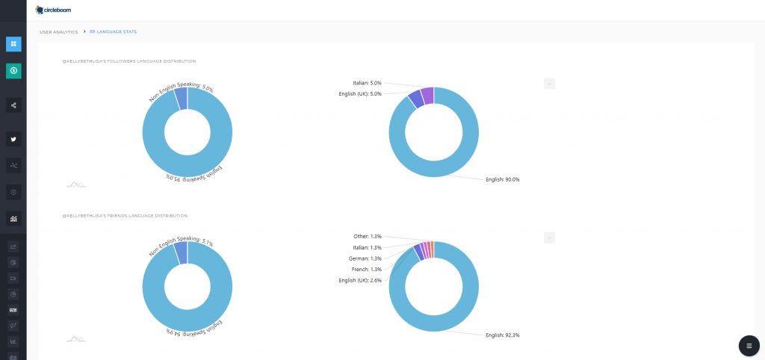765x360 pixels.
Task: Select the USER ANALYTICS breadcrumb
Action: click(58, 32)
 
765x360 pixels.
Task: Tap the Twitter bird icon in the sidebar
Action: click(13, 139)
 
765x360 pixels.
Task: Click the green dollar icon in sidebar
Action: click(13, 70)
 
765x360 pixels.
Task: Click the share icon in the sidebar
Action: click(13, 105)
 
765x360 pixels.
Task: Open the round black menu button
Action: click(749, 346)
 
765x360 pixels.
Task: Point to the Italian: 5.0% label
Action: click(367, 83)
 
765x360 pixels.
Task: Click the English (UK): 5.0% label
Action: click(360, 94)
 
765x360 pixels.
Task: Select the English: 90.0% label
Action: click(502, 179)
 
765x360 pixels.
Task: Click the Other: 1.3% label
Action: click(368, 236)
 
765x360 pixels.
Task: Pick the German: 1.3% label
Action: click(366, 258)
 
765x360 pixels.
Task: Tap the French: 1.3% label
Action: click(366, 269)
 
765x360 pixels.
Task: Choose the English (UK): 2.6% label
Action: click(360, 280)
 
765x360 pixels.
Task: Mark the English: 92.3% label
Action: click(502, 335)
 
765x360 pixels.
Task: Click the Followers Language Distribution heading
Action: click(128, 61)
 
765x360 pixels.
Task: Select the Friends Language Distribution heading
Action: click(124, 216)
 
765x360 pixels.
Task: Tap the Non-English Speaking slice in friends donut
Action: click(181, 253)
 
